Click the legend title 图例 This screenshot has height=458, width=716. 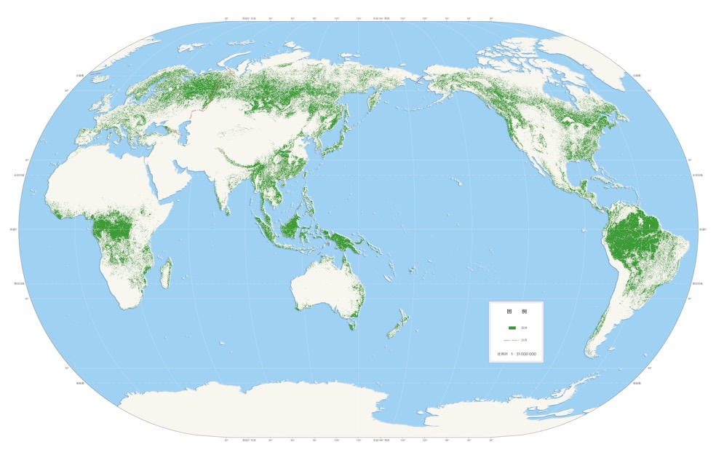coord(516,311)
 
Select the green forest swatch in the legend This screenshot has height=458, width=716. coord(512,328)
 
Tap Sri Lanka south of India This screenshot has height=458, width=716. coord(228,211)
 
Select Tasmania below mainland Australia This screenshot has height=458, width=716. coord(352,325)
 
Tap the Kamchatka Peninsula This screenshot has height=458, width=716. coord(373,104)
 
